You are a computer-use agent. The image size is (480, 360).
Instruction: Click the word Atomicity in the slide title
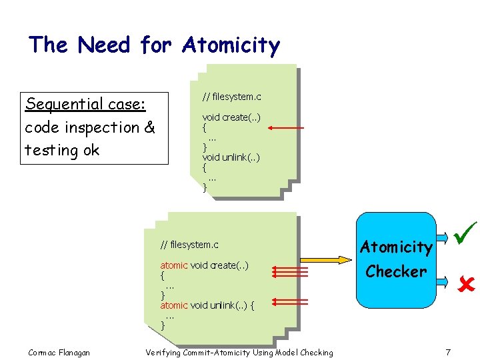pyautogui.click(x=231, y=45)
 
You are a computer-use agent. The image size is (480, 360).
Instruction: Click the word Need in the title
pyautogui.click(x=106, y=45)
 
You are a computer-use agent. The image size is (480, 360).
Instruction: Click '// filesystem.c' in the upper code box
pyautogui.click(x=231, y=97)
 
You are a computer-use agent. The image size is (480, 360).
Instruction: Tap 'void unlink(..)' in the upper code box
pyautogui.click(x=231, y=157)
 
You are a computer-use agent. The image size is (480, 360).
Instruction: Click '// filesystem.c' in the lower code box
pyautogui.click(x=189, y=245)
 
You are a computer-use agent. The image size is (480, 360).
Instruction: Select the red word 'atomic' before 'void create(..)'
pyautogui.click(x=174, y=265)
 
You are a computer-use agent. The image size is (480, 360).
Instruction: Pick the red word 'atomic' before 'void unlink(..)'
pyautogui.click(x=174, y=305)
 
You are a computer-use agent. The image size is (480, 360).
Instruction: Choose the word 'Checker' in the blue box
pyautogui.click(x=396, y=271)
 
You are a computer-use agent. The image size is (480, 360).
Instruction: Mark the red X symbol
pyautogui.click(x=464, y=285)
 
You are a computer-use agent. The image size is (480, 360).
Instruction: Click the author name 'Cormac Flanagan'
pyautogui.click(x=59, y=352)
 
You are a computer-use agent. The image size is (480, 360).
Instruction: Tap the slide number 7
pyautogui.click(x=448, y=352)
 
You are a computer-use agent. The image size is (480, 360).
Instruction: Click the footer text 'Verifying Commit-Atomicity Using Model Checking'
pyautogui.click(x=239, y=352)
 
